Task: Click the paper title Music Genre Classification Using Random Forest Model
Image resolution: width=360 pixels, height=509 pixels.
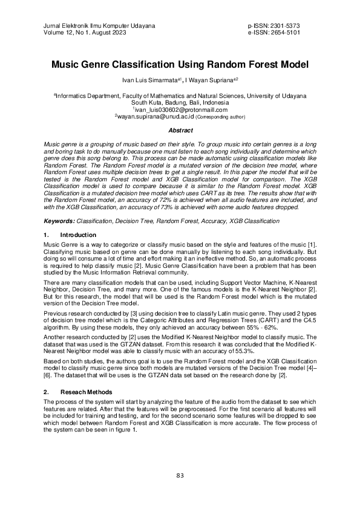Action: coord(180,64)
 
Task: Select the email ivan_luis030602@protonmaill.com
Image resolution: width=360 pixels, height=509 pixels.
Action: coord(180,109)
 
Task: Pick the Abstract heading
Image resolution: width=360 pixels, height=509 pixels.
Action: coord(180,130)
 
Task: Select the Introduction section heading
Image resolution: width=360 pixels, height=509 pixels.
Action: coord(79,235)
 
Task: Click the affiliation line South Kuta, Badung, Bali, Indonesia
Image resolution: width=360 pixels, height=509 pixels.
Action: coord(180,103)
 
